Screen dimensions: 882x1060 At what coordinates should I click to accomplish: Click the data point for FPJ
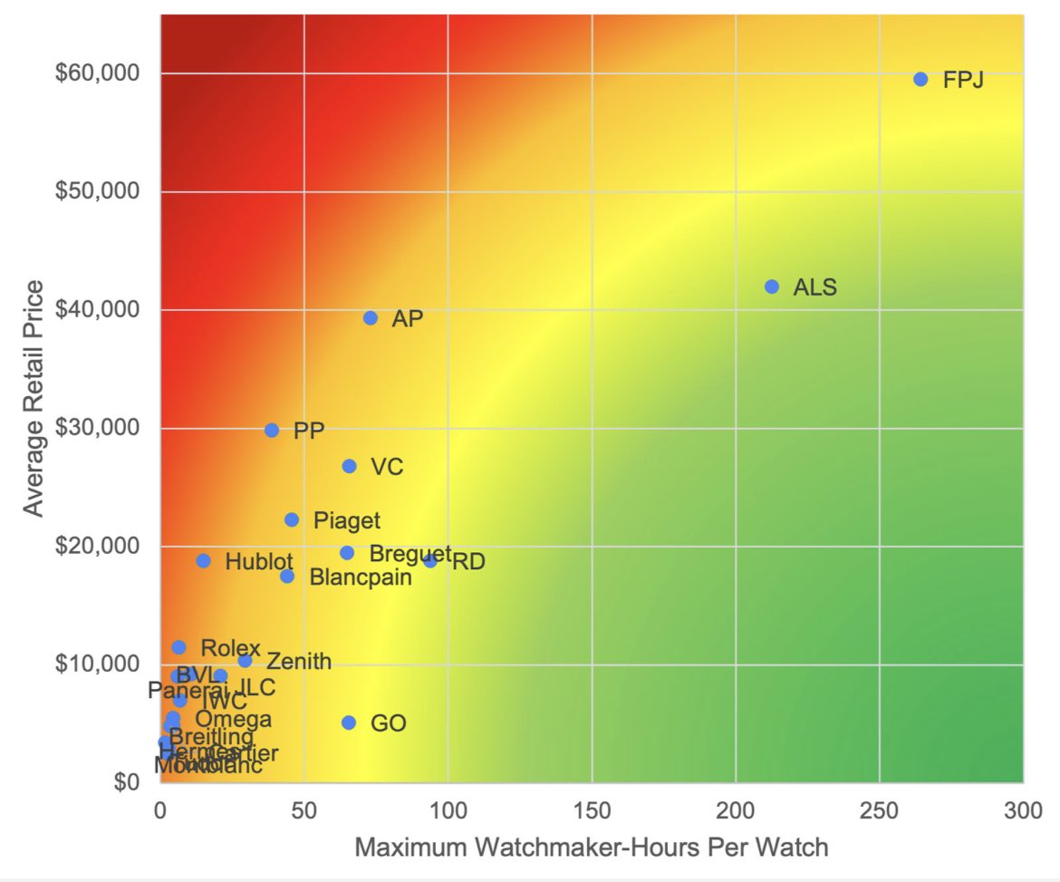coord(920,79)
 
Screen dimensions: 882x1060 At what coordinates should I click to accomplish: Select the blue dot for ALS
coord(772,286)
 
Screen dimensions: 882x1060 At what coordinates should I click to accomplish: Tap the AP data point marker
coord(371,317)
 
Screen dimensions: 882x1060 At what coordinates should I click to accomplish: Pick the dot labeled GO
coord(349,722)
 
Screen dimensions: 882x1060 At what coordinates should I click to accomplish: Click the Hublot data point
coord(203,560)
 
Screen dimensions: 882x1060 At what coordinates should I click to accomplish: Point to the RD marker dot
coord(430,560)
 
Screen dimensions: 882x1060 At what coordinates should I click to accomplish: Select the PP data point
coord(272,430)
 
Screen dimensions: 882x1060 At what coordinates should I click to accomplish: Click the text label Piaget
coord(347,520)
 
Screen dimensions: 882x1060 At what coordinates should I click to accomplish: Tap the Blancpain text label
coord(361,577)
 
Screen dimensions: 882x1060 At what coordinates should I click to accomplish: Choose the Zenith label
coord(299,662)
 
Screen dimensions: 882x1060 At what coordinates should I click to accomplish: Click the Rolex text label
coord(230,648)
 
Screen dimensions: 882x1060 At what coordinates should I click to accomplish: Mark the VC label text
coord(387,467)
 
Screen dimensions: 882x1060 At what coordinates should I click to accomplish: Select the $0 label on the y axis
coord(126,782)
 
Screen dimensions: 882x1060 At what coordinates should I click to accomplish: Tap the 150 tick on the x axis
coord(592,808)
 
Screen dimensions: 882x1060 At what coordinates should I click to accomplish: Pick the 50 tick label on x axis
coord(304,808)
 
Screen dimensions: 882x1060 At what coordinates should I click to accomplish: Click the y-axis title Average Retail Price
coord(34,399)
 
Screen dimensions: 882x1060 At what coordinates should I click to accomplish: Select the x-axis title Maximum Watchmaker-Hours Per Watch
coord(591,848)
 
